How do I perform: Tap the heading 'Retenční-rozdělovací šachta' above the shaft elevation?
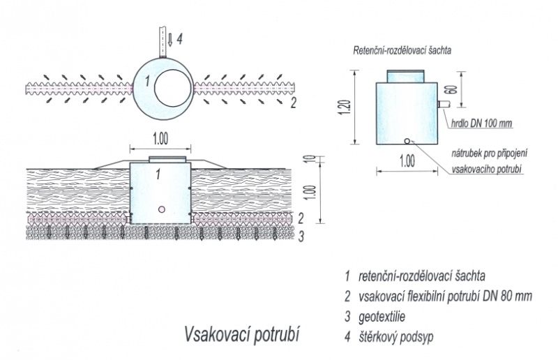pyautogui.click(x=402, y=50)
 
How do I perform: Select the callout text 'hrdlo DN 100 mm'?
pyautogui.click(x=481, y=123)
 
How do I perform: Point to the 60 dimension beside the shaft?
pyautogui.click(x=453, y=89)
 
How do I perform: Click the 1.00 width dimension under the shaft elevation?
pyautogui.click(x=407, y=161)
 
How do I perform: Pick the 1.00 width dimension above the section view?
pyautogui.click(x=160, y=139)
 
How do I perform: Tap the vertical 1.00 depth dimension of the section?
pyautogui.click(x=310, y=193)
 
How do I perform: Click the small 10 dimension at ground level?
pyautogui.click(x=310, y=160)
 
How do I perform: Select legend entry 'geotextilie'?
pyautogui.click(x=382, y=317)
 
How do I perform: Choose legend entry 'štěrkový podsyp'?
pyautogui.click(x=395, y=337)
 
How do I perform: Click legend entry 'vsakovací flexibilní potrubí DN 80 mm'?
pyautogui.click(x=445, y=296)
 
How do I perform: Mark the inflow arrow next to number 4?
pyautogui.click(x=170, y=39)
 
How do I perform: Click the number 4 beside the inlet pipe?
pyautogui.click(x=180, y=39)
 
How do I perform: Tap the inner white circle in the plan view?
pyautogui.click(x=173, y=89)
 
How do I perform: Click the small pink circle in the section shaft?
pyautogui.click(x=162, y=209)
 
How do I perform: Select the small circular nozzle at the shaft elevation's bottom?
pyautogui.click(x=407, y=141)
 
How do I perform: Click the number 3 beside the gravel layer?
pyautogui.click(x=301, y=237)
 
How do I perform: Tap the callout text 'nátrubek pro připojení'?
pyautogui.click(x=490, y=153)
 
